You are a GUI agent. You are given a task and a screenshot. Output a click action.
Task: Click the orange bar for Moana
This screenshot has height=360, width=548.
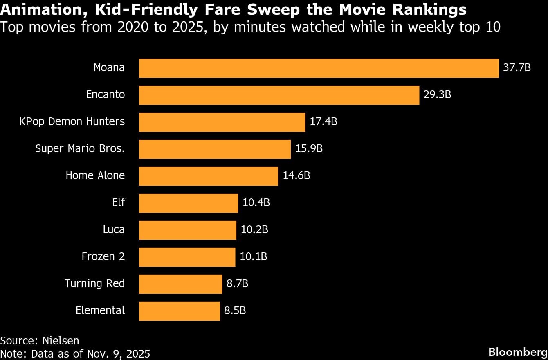click(319, 68)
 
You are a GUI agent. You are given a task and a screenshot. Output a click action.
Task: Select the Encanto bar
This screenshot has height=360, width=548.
click(279, 95)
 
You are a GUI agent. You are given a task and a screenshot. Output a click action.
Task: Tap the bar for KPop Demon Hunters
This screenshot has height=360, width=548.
click(222, 122)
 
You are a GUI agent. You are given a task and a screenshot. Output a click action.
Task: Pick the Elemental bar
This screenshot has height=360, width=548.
click(179, 311)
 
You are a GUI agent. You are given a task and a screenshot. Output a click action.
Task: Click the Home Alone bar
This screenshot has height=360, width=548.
click(209, 176)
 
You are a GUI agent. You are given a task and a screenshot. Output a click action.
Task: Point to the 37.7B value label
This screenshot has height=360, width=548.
click(517, 67)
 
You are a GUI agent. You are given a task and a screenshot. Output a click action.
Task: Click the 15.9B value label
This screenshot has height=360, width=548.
click(309, 148)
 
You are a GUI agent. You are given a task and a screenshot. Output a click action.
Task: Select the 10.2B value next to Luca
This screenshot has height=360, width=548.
click(254, 229)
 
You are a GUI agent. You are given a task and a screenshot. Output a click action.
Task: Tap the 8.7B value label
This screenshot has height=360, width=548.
click(237, 283)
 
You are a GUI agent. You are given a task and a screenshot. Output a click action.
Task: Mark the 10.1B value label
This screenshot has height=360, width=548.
click(253, 256)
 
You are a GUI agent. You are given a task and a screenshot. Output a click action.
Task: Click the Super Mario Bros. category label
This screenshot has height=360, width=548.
click(80, 148)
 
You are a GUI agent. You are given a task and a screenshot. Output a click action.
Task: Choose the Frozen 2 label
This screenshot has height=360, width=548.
click(103, 256)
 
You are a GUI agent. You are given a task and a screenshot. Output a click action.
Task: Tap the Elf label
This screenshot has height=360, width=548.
click(118, 202)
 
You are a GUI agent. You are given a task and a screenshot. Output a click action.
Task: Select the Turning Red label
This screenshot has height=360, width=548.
click(94, 283)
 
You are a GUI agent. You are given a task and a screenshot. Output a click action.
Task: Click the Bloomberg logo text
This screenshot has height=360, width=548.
click(518, 352)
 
